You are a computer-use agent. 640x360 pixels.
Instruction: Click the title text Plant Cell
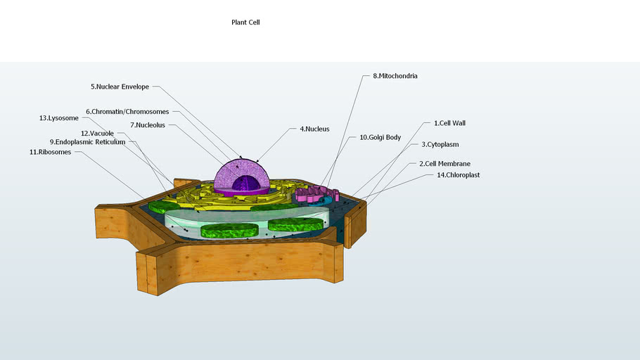point(245,22)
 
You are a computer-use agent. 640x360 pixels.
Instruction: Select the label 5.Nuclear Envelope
point(120,87)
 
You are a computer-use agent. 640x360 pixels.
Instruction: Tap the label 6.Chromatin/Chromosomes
point(127,112)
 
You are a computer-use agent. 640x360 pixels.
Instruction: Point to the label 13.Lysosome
point(58,118)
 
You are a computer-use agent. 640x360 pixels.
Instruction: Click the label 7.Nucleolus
point(147,125)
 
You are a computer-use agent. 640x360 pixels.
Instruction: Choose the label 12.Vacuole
point(97,134)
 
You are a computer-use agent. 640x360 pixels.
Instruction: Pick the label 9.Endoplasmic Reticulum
point(87,142)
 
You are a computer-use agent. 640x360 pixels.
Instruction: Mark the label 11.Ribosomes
point(50,152)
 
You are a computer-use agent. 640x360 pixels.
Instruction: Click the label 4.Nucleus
point(314,129)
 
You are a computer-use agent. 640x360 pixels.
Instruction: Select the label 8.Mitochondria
point(395,76)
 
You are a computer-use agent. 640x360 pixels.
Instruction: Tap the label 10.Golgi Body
point(380,138)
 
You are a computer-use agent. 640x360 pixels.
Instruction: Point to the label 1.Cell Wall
point(449,123)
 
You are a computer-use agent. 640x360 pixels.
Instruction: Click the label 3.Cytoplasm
point(440,145)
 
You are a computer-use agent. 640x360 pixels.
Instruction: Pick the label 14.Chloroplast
point(458,175)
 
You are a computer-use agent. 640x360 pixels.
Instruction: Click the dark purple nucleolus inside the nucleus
point(245,184)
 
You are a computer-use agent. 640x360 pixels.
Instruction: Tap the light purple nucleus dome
point(232,172)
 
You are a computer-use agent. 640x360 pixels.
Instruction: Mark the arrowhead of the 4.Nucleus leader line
point(258,161)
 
